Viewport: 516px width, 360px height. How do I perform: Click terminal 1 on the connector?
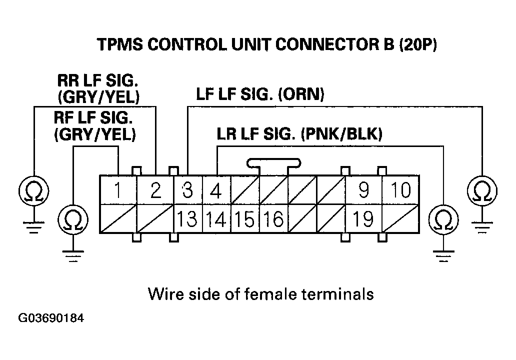[x=118, y=190]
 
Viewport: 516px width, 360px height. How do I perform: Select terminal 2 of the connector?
[x=155, y=190]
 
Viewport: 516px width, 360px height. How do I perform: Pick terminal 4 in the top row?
[x=215, y=190]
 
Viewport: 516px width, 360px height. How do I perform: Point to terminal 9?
[x=363, y=190]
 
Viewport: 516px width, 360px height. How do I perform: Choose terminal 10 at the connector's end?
[x=400, y=190]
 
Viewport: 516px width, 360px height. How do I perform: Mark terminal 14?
[x=216, y=219]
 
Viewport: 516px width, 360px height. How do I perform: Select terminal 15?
[x=245, y=219]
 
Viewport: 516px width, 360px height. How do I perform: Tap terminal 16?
[x=273, y=219]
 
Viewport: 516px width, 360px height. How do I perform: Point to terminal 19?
[x=363, y=219]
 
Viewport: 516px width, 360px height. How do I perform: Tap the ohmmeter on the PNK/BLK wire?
[x=443, y=219]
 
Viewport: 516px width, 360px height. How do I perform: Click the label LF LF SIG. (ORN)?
[x=260, y=94]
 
